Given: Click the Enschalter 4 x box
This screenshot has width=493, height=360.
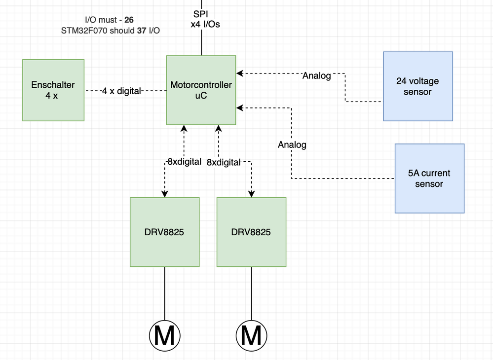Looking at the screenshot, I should [x=53, y=90].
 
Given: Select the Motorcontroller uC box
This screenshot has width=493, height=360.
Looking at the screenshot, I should [x=201, y=90].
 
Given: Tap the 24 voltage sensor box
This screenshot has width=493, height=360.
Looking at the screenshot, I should [x=417, y=86].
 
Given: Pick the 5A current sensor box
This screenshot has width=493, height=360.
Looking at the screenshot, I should [x=429, y=179].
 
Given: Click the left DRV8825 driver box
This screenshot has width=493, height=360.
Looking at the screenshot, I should [x=165, y=232].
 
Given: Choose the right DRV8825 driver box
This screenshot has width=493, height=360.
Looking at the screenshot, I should [x=251, y=232].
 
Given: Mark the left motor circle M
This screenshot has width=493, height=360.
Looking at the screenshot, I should [x=164, y=336].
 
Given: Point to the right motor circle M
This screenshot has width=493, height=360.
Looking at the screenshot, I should [x=251, y=336].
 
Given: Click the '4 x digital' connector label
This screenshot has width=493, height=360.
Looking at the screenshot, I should [x=121, y=91].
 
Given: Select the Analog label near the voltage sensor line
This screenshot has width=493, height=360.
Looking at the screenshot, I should [x=316, y=76].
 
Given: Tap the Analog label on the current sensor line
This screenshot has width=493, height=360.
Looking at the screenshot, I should [x=292, y=144].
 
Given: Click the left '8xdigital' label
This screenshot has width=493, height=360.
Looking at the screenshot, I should [x=184, y=161].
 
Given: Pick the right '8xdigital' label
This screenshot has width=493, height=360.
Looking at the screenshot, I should [x=223, y=162].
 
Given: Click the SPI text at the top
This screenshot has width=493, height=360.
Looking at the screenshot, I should [x=201, y=14].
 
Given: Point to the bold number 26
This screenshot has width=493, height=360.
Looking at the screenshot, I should [x=129, y=20].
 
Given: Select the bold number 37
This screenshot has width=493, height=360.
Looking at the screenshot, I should [x=142, y=30].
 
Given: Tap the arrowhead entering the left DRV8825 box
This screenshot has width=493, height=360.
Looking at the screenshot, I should [x=165, y=194].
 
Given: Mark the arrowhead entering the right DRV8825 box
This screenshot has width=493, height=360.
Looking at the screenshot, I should [x=251, y=194].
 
